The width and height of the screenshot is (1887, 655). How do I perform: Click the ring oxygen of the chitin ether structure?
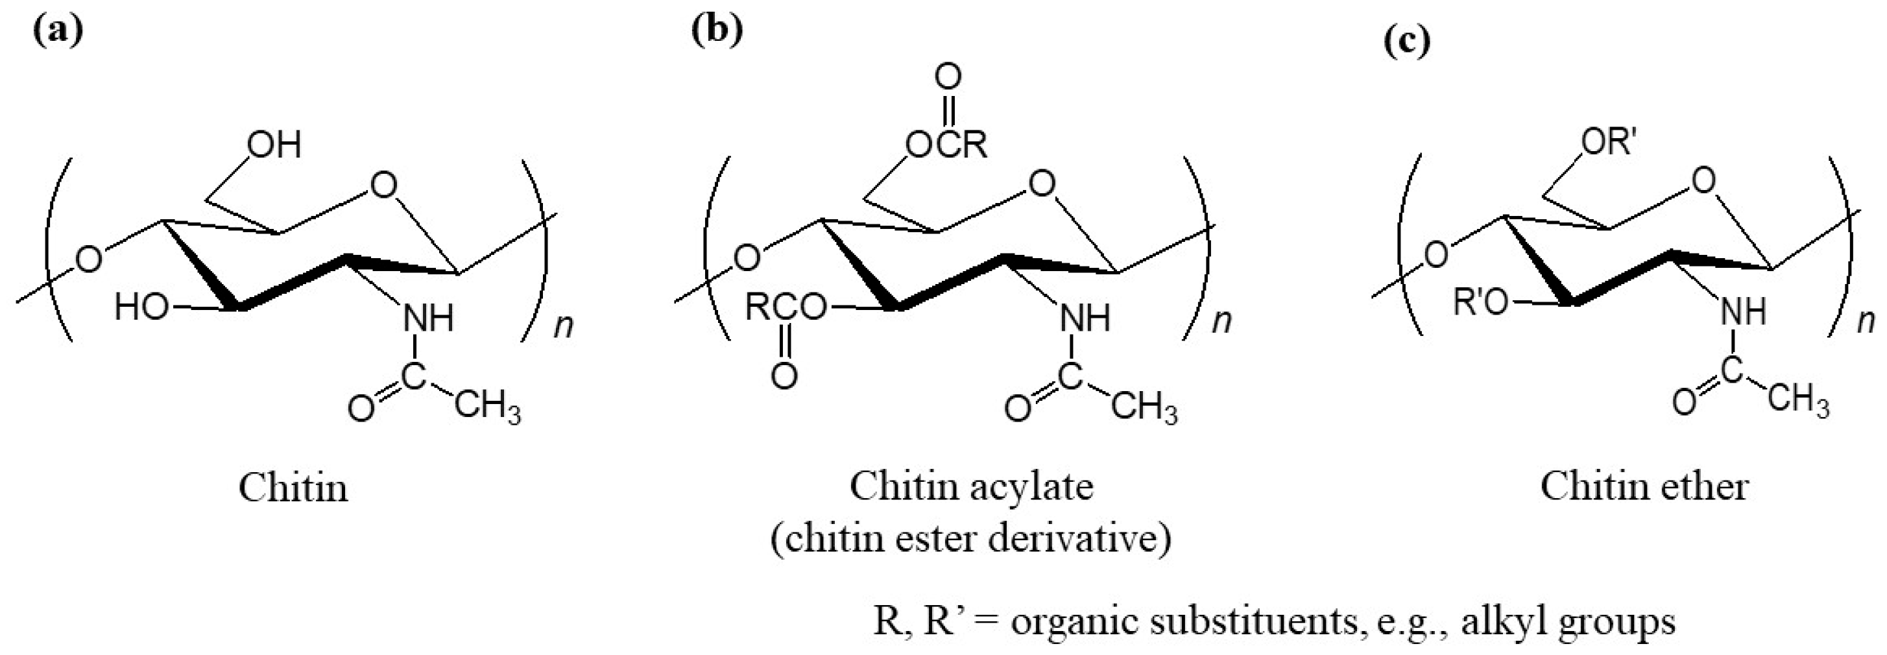pyautogui.click(x=1705, y=180)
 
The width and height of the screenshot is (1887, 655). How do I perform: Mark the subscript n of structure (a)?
pyautogui.click(x=562, y=324)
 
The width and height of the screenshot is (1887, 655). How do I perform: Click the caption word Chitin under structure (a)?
pyautogui.click(x=293, y=487)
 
